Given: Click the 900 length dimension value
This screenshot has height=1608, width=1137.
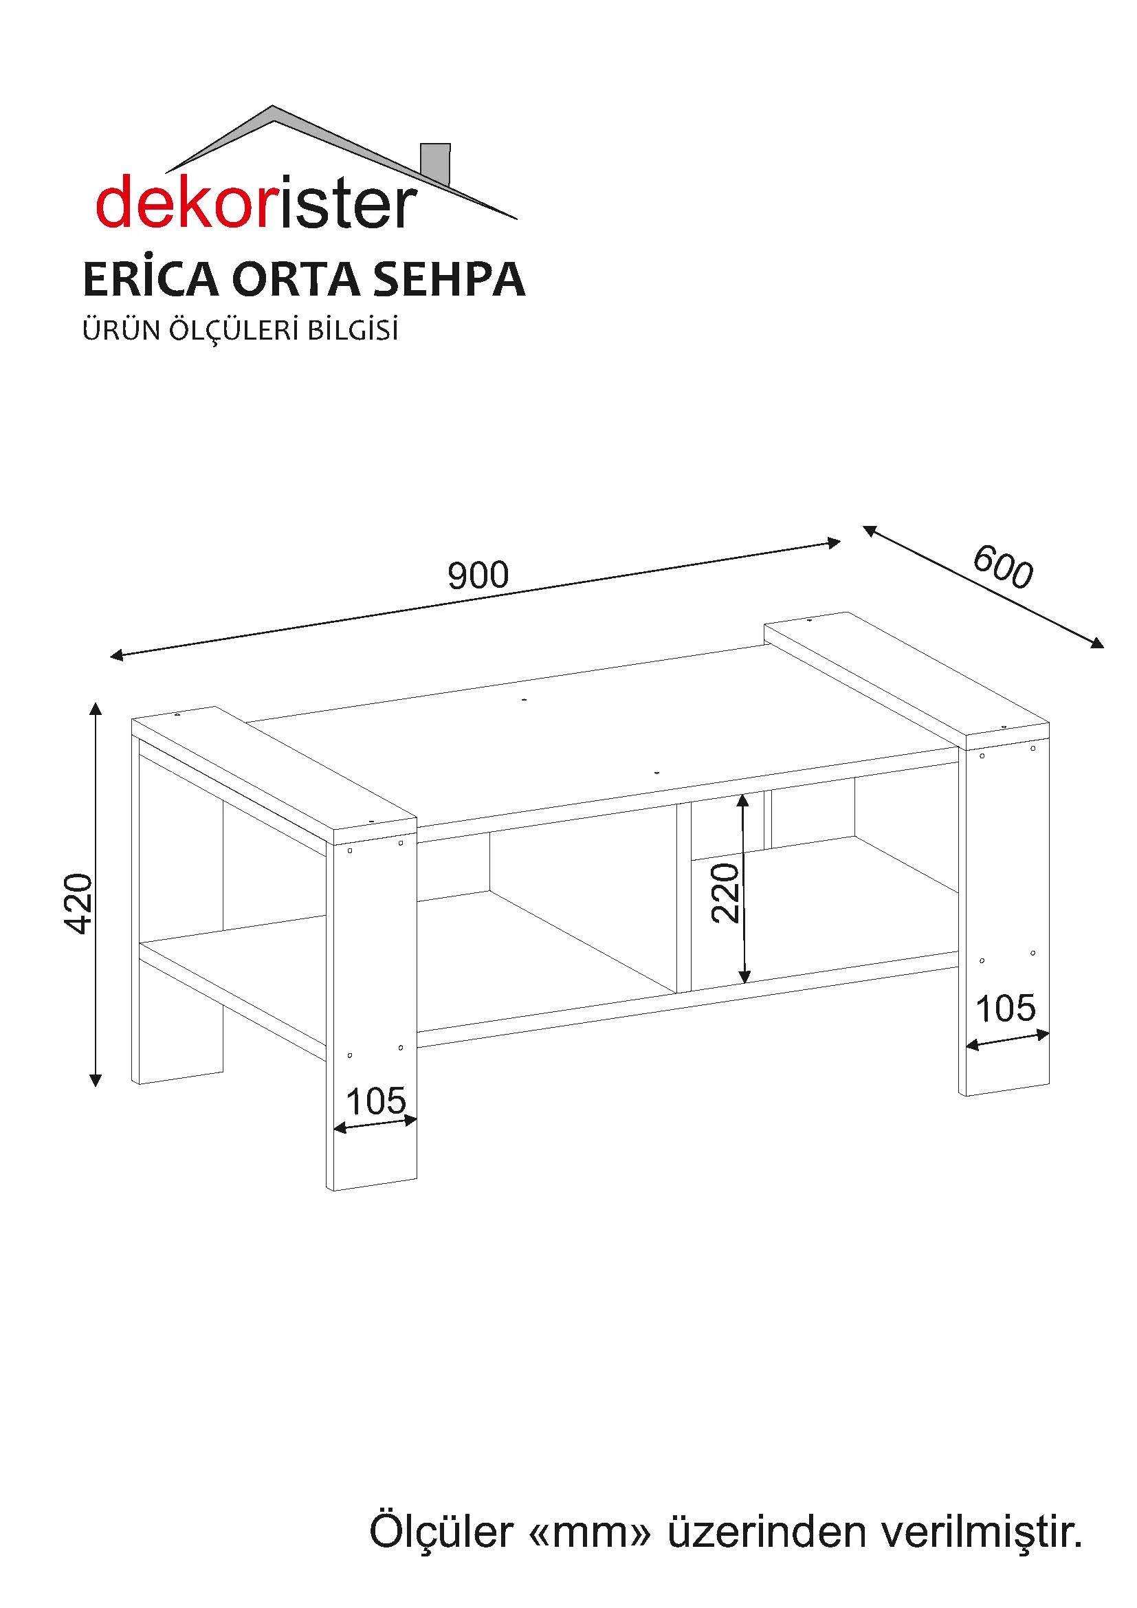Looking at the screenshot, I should click(478, 575).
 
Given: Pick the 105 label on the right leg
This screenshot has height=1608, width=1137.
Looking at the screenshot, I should click(1006, 1009).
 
